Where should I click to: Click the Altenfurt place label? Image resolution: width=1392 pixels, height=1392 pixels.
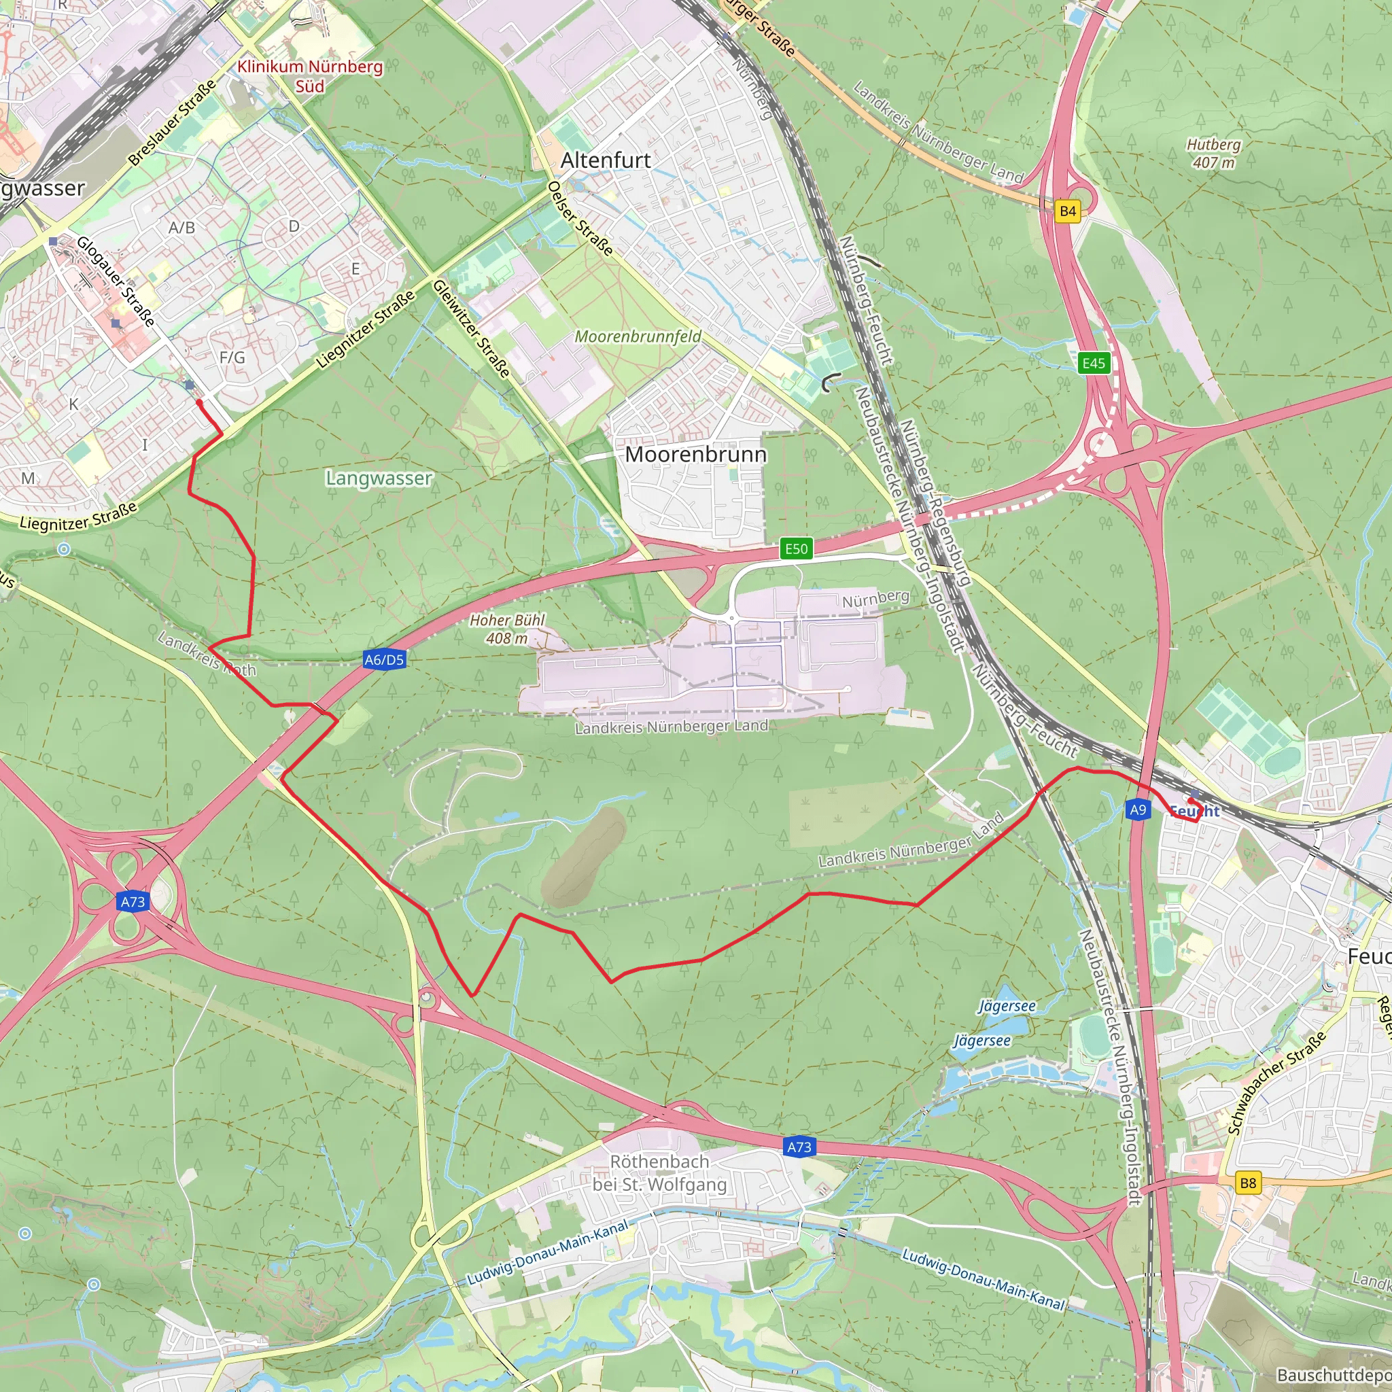tap(605, 160)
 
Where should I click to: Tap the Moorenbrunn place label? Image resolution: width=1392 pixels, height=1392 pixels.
tap(695, 454)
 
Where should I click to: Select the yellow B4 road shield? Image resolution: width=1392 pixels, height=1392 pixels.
tap(1068, 211)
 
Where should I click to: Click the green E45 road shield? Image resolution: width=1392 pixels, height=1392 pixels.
tap(1093, 363)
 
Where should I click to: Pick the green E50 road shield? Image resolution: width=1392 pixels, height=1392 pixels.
tap(796, 549)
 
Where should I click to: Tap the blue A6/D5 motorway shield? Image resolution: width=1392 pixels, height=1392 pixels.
tap(384, 659)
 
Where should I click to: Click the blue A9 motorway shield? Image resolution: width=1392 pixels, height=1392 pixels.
tap(1138, 810)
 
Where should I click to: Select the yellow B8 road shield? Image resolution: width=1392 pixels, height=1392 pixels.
tap(1248, 1183)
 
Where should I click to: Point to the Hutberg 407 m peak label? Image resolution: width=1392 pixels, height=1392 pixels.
tap(1214, 154)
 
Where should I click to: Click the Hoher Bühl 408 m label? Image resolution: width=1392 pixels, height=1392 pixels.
tap(507, 629)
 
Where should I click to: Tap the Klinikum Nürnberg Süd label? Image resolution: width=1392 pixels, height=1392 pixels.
tap(310, 76)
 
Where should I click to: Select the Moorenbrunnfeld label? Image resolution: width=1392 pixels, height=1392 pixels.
tap(638, 336)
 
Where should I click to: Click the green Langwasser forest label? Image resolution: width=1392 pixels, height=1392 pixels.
tap(379, 478)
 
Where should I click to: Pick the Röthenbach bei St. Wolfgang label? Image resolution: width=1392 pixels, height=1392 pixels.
tap(659, 1172)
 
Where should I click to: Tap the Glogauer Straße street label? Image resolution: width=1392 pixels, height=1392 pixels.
tap(116, 281)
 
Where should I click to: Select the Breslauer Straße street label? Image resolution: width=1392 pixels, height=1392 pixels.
tap(173, 122)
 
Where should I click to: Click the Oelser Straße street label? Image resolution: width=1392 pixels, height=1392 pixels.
tap(580, 218)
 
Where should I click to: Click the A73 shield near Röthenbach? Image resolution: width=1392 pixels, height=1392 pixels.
tap(799, 1147)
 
